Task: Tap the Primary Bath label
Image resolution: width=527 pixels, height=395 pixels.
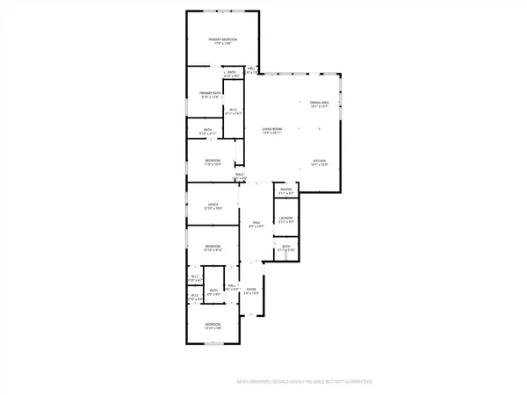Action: pyautogui.click(x=209, y=94)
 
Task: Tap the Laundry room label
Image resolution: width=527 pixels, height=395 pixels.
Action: pyautogui.click(x=285, y=219)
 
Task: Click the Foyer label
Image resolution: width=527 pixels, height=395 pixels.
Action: pyautogui.click(x=252, y=291)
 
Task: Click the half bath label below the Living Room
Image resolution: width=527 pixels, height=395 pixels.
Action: pyautogui.click(x=239, y=176)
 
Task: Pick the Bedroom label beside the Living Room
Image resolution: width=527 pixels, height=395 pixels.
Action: pyautogui.click(x=213, y=162)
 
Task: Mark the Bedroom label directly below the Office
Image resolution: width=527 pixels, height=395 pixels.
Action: pyautogui.click(x=213, y=248)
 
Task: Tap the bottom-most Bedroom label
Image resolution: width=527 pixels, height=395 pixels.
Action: pyautogui.click(x=213, y=326)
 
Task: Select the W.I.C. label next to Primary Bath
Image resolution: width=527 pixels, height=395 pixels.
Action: pyautogui.click(x=233, y=111)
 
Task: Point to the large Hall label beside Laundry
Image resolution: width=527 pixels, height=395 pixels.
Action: pyautogui.click(x=256, y=224)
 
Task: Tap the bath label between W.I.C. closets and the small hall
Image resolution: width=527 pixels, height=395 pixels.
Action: pyautogui.click(x=213, y=292)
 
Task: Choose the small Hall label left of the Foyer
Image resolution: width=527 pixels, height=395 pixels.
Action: pyautogui.click(x=232, y=287)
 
